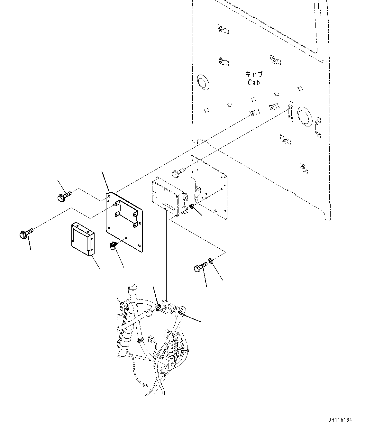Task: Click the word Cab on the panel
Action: (x=254, y=83)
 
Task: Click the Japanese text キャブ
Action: (x=254, y=74)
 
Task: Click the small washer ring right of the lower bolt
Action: (x=211, y=260)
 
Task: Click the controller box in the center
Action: (x=167, y=196)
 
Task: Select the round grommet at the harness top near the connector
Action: (x=159, y=308)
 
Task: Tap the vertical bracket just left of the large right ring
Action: (x=290, y=110)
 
